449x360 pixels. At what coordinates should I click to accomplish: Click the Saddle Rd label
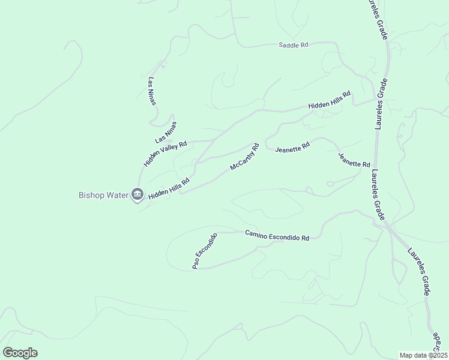(x=293, y=45)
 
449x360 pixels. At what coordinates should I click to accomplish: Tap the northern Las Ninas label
(x=152, y=91)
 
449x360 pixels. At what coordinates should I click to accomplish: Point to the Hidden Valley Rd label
(x=165, y=154)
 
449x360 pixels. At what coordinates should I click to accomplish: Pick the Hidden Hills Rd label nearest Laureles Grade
(x=329, y=100)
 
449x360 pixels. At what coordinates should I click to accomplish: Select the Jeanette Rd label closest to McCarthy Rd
(x=292, y=146)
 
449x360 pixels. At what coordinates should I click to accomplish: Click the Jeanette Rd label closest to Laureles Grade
(x=354, y=160)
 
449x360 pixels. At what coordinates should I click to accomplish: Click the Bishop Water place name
(x=104, y=194)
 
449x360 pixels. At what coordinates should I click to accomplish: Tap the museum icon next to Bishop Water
(x=137, y=194)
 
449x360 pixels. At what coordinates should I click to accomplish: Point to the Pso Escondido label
(x=204, y=251)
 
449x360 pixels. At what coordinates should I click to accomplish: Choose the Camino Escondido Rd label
(x=277, y=235)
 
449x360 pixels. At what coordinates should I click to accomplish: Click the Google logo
(x=20, y=353)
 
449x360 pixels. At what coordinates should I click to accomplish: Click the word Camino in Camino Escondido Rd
(x=257, y=233)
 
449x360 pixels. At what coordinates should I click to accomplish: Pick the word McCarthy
(x=241, y=159)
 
